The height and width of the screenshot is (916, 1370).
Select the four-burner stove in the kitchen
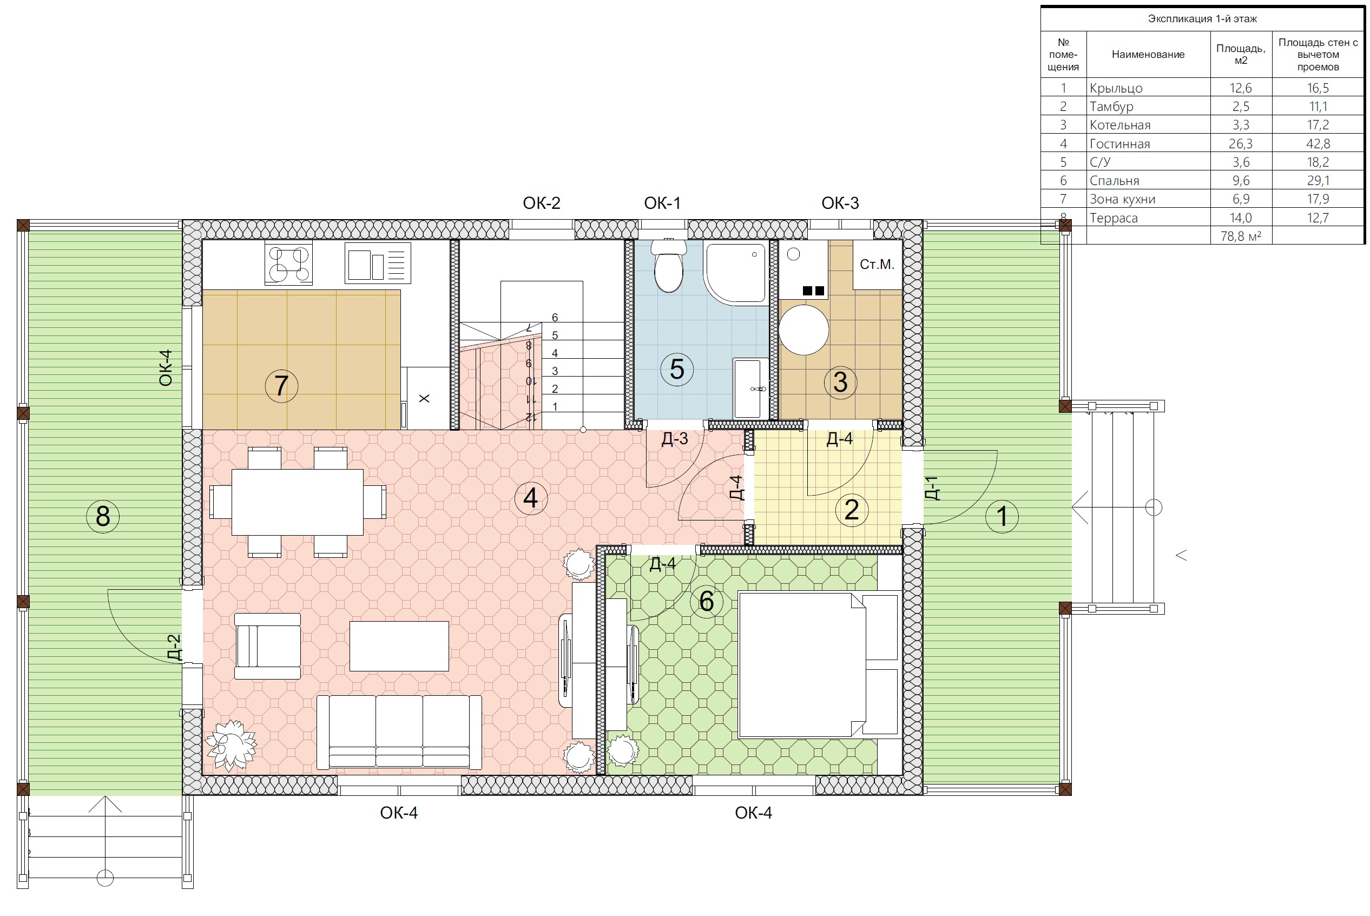coord(288,264)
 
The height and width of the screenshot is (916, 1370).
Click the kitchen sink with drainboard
coord(378,263)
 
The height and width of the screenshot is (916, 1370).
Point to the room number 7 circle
coord(281,386)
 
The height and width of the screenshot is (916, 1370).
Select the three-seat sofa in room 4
coord(399,732)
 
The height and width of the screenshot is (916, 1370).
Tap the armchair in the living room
coord(268,646)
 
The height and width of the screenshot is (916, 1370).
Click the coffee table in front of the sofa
coord(399,646)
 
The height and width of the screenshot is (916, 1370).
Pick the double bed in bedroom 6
coord(818,665)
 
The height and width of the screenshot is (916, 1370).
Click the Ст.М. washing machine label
coord(877,265)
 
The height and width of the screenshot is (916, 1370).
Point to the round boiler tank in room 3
coord(804,330)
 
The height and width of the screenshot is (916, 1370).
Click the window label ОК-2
coord(542,203)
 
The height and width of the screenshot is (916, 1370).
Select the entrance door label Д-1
coord(932,489)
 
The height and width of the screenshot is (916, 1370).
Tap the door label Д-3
coord(675,439)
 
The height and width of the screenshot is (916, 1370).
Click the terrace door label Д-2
coord(174,647)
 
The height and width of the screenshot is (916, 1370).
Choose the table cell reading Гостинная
coord(1119,144)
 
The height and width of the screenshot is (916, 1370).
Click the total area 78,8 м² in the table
coord(1240,236)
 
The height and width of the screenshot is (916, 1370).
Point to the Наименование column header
coord(1148,54)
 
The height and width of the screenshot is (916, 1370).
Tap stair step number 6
coord(555,318)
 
